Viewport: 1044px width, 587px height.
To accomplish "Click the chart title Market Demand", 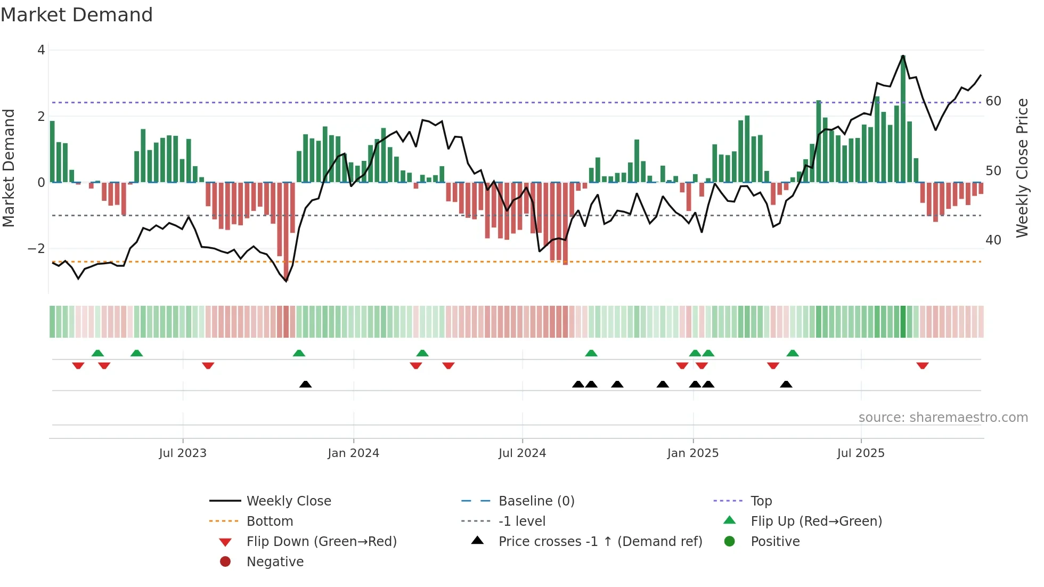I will click(x=77, y=15).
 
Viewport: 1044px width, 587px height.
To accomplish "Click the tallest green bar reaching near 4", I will click(x=903, y=118).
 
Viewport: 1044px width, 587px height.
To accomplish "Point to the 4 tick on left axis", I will click(x=41, y=50).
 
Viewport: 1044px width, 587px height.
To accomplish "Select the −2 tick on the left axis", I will click(x=36, y=249).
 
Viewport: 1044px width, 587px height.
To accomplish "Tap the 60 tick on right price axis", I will click(x=993, y=101).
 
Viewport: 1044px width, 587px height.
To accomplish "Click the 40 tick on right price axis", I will click(x=993, y=240).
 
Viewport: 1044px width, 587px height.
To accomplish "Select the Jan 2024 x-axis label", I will click(x=353, y=453).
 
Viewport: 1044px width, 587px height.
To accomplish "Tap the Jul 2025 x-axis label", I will click(x=860, y=453).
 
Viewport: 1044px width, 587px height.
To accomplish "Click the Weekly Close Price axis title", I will click(x=1022, y=168).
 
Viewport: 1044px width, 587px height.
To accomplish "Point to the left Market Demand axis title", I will click(x=9, y=168).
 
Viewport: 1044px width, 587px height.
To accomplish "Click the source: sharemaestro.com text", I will click(x=943, y=418).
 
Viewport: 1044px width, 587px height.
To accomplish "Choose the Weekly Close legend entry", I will click(x=288, y=501).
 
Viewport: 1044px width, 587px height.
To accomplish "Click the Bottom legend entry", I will click(x=270, y=521).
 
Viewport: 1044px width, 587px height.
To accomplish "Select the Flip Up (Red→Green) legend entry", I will click(x=816, y=521).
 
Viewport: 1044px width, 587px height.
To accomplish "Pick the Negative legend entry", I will click(x=275, y=562).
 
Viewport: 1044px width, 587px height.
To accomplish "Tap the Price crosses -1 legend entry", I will click(x=600, y=542).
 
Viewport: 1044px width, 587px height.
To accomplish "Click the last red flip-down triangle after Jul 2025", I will click(x=923, y=366).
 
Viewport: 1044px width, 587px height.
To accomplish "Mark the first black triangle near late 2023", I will click(x=305, y=384).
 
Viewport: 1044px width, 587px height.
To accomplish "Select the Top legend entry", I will click(x=761, y=501).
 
